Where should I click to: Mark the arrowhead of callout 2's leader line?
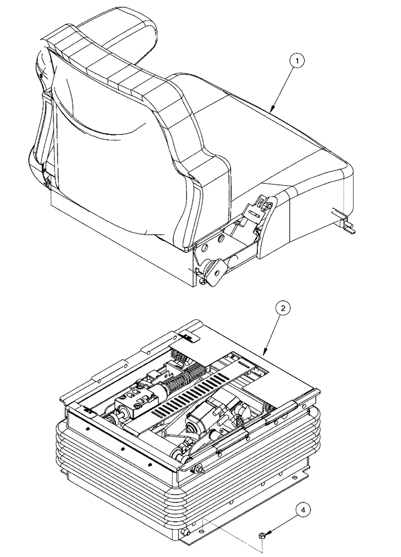click(x=263, y=354)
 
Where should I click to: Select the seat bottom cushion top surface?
click(x=262, y=134)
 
